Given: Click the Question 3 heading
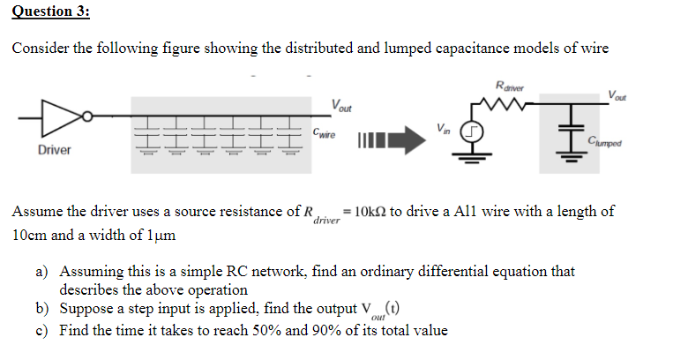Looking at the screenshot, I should pos(51,11).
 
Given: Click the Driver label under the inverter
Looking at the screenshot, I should pos(54,150).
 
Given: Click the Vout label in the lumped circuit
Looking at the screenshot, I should pos(618,95).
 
